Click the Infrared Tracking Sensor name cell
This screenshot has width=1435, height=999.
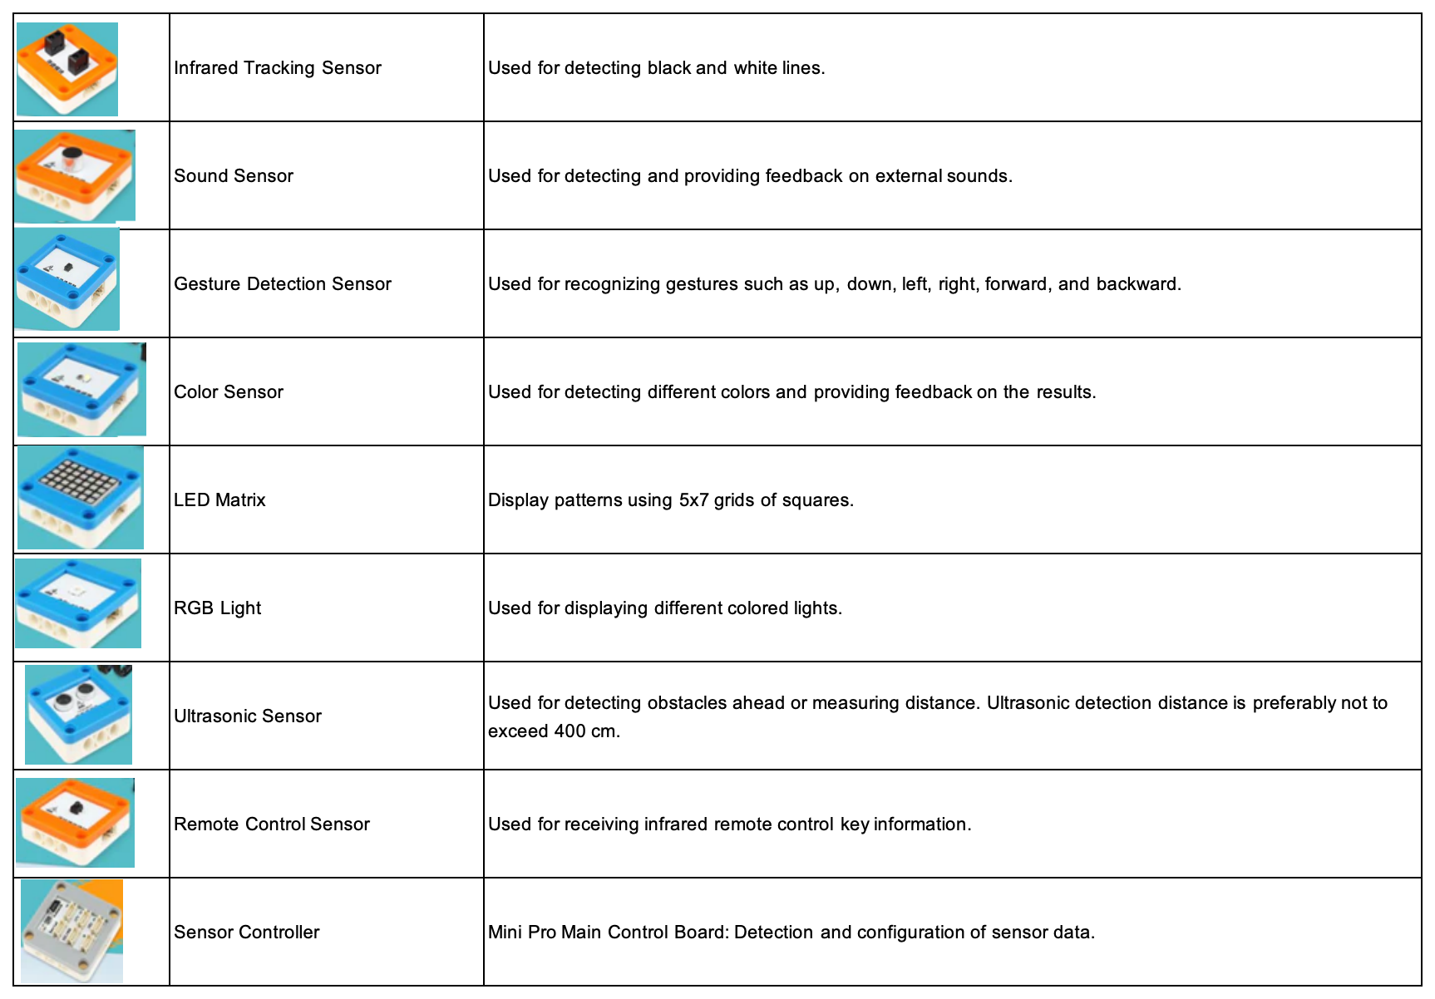(277, 68)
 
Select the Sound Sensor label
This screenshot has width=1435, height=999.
(233, 176)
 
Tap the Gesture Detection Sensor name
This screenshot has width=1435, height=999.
(282, 284)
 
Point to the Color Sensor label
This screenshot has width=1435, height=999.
(228, 392)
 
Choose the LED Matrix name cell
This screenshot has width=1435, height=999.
(219, 500)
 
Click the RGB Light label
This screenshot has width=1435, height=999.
(217, 608)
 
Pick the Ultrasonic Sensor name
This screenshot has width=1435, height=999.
(247, 716)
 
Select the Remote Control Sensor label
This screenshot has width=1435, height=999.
(271, 824)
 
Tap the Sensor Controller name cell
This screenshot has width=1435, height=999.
(246, 933)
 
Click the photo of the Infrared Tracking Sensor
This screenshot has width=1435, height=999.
(67, 69)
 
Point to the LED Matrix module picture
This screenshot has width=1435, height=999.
(80, 498)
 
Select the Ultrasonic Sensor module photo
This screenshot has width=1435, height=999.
(79, 715)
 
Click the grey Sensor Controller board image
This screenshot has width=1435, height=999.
(72, 931)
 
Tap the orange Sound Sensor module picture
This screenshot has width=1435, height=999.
(75, 176)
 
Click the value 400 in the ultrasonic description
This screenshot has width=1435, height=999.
(570, 731)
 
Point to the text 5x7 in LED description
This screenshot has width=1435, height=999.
(693, 500)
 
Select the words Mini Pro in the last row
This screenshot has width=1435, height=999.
(521, 933)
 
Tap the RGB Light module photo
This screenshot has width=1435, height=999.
(78, 603)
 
